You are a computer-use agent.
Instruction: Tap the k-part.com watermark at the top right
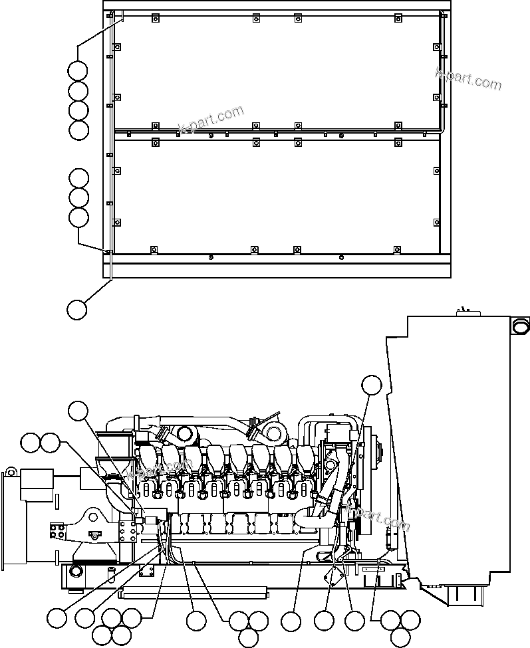tap(468, 78)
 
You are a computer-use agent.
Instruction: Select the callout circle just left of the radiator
tap(372, 385)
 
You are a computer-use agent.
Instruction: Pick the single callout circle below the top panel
tap(77, 308)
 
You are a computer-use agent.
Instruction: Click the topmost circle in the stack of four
tap(78, 70)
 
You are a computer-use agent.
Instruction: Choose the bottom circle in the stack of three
tap(78, 217)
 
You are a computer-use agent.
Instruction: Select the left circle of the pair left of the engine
tap(31, 441)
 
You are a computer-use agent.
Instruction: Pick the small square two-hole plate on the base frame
tap(148, 570)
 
